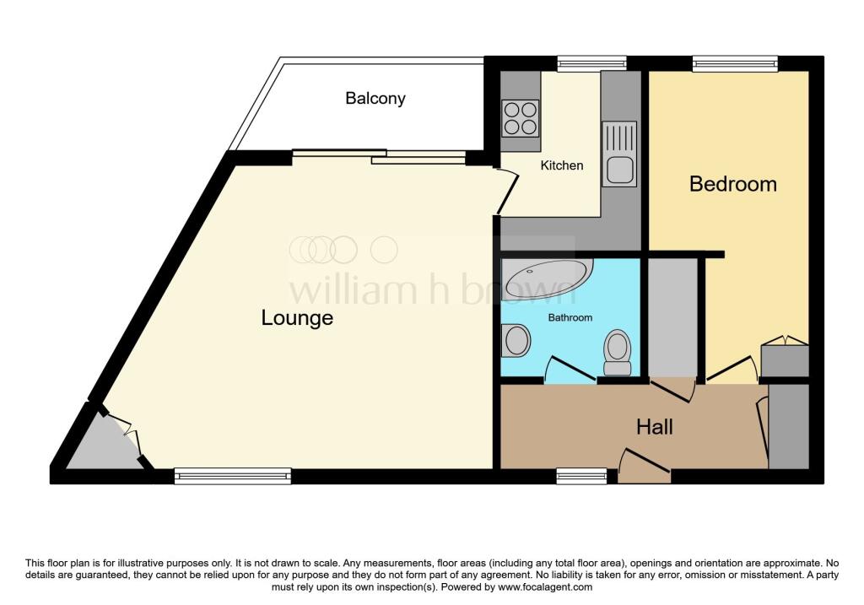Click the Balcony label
pos(375,99)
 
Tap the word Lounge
pos(297,318)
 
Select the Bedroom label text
pos(733,184)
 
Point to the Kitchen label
pos(561,165)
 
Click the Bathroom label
pos(570,317)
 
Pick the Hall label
pos(655,427)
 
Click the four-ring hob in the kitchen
pos(520,118)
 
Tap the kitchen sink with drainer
pos(619,154)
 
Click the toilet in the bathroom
pos(617,353)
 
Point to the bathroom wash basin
pos(516,340)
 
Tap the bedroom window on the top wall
pos(735,64)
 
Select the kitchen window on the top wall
pos(591,64)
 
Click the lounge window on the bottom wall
pos(233,476)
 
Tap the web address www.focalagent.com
pos(545,586)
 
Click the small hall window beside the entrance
pos(581,476)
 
